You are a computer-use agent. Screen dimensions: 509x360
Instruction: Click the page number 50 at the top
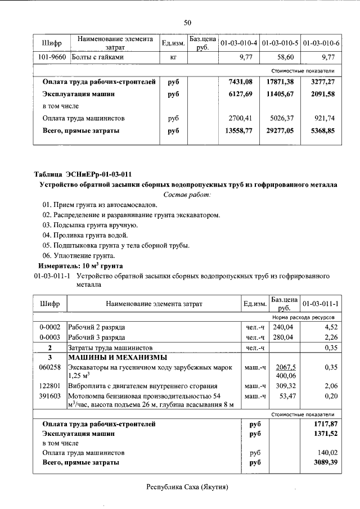click(187, 22)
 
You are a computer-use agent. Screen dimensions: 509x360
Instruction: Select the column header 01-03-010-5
click(281, 43)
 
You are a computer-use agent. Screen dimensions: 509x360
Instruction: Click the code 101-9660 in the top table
click(51, 57)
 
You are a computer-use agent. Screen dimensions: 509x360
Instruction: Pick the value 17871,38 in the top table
click(280, 82)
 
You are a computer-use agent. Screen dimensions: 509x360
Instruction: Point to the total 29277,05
click(280, 130)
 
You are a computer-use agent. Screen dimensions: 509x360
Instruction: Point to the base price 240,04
click(284, 327)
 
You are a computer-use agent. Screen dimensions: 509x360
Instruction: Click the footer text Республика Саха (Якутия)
click(187, 487)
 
